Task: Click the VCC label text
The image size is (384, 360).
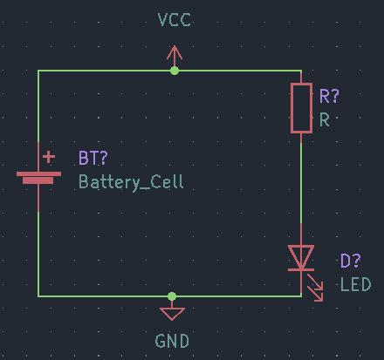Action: pos(174,20)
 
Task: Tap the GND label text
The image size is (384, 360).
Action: pos(172,341)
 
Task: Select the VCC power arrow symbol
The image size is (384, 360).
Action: pos(175,56)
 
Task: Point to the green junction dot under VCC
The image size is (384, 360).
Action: pos(175,71)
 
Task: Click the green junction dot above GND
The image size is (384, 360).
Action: pos(172,296)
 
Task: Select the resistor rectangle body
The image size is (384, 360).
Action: pos(301,108)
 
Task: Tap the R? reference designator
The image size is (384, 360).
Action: pos(329,96)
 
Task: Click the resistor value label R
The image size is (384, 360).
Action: pos(325,119)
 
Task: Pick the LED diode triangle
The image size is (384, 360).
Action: pos(301,257)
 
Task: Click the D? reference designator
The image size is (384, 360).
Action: pos(351,261)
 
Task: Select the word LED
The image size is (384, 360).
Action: pos(356,284)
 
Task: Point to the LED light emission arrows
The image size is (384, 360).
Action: pos(315,288)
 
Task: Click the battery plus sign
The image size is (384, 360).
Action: pos(49,157)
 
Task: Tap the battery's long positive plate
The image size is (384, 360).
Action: pos(38,173)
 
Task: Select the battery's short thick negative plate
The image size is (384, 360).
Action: pos(38,180)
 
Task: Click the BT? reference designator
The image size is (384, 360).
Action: pos(93,158)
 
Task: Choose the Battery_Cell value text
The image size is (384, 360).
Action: pos(131,182)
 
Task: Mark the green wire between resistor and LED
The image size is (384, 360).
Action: pos(301,183)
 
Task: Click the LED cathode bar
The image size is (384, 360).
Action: pos(301,270)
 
